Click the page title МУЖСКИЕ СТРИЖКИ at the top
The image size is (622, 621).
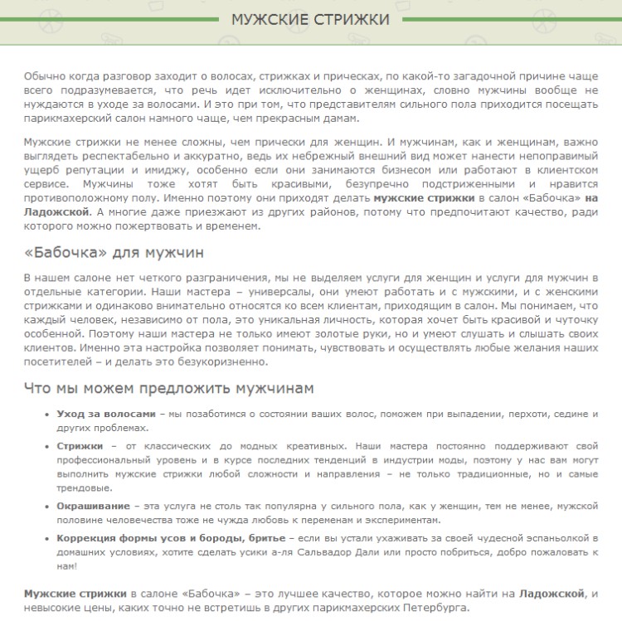click(x=310, y=18)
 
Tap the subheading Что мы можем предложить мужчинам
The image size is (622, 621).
click(x=168, y=389)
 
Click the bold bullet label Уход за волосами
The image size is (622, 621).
click(x=106, y=414)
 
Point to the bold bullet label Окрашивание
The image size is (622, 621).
click(x=93, y=505)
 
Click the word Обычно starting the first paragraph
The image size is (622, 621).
click(x=42, y=75)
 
